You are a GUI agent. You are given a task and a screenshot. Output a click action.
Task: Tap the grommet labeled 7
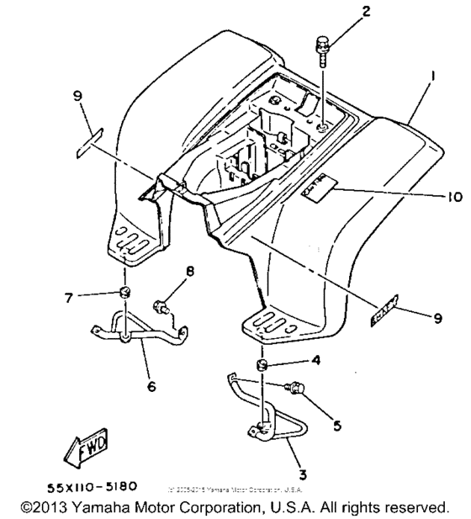[x=125, y=293]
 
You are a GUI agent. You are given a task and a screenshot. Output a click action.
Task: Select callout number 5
[x=336, y=426]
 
